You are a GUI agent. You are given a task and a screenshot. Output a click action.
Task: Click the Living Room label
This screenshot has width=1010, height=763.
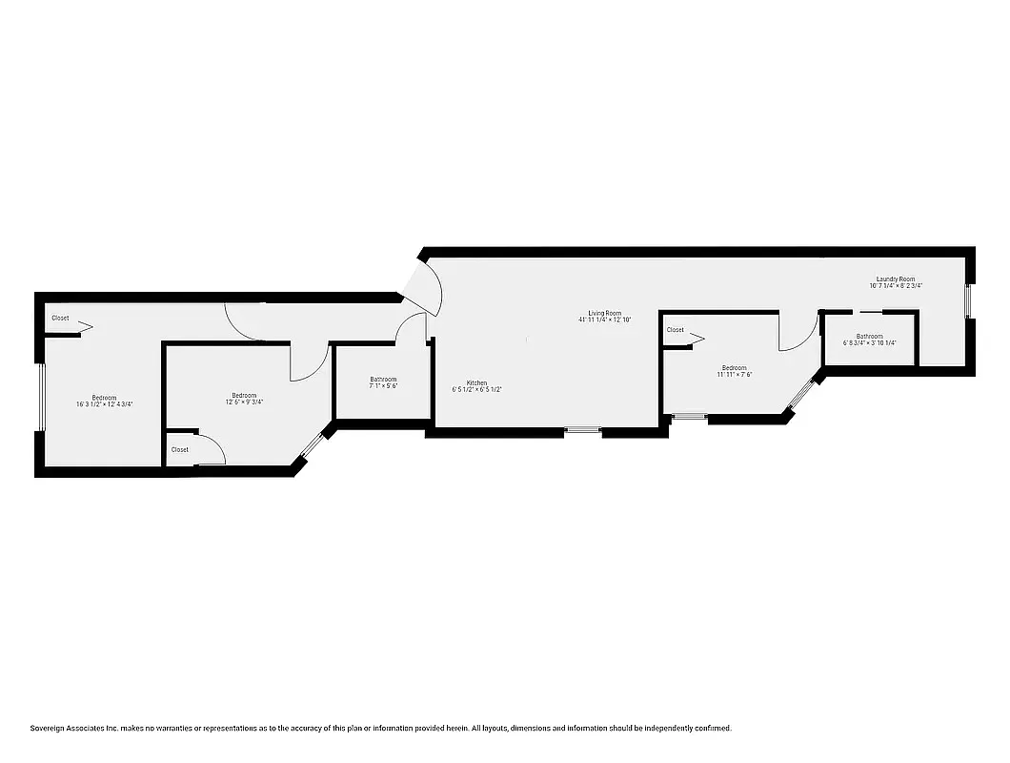click(x=604, y=313)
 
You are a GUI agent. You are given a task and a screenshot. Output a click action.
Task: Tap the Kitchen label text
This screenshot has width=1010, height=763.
click(x=476, y=382)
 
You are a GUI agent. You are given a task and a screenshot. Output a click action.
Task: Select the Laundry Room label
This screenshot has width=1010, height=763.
click(x=895, y=278)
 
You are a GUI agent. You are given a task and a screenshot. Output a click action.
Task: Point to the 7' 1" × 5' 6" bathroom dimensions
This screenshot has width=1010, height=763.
click(x=383, y=386)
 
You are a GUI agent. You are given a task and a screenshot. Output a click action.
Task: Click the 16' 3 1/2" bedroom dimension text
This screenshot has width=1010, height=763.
click(x=104, y=404)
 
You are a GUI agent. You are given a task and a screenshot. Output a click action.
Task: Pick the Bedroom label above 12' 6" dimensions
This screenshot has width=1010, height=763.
click(x=244, y=396)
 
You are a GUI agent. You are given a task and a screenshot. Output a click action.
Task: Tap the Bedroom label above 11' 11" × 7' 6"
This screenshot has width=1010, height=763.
click(x=734, y=368)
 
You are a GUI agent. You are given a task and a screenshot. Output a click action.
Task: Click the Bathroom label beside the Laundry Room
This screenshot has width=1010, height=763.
click(x=869, y=336)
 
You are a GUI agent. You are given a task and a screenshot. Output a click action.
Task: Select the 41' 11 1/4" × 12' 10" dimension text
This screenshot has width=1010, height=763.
click(x=605, y=320)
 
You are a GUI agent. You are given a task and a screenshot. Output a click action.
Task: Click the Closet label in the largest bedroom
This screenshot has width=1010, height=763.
click(x=60, y=318)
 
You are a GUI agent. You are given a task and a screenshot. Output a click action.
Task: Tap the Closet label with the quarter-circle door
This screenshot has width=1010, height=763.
click(x=180, y=449)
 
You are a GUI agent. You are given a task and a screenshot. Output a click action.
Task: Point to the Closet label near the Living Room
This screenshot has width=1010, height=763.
click(x=675, y=330)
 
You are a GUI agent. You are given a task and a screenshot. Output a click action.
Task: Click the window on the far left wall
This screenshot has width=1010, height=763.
click(x=40, y=398)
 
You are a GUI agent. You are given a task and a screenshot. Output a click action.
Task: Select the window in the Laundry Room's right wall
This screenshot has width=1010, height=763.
click(x=968, y=300)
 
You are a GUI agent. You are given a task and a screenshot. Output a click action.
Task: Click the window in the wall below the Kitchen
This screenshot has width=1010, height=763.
click(x=582, y=431)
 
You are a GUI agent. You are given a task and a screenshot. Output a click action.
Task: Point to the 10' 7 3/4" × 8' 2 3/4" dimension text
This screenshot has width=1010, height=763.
click(x=896, y=286)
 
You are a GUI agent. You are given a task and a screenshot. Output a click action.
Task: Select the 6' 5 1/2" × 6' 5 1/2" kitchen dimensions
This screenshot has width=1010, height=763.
click(x=476, y=390)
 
